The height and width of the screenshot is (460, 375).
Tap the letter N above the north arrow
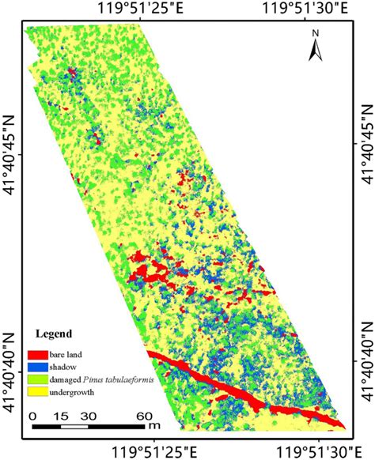click(314, 33)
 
